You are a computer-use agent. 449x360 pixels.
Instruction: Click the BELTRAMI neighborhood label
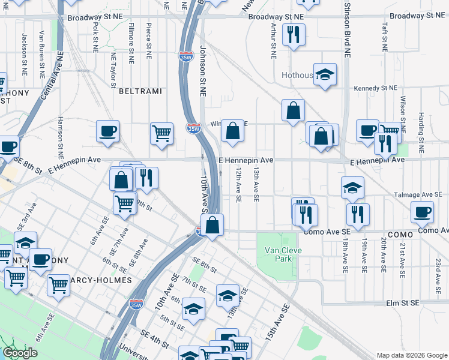(x=140, y=91)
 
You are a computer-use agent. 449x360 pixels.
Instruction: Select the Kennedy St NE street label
(x=376, y=88)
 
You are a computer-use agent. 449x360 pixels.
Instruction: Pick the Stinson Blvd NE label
(x=347, y=30)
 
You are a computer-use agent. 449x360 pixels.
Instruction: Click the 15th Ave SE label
(x=279, y=321)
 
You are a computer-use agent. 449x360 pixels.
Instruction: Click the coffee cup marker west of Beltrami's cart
(x=107, y=131)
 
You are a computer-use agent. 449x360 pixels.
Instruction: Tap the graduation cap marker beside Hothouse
(x=325, y=74)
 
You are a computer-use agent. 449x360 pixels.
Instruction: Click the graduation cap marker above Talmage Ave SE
(x=352, y=187)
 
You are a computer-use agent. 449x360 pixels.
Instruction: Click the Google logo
(x=20, y=353)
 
